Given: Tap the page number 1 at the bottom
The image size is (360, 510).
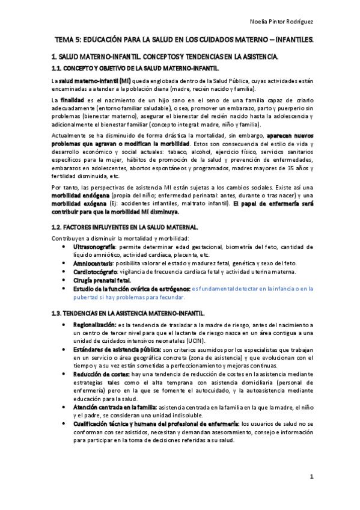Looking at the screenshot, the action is coord(313,476).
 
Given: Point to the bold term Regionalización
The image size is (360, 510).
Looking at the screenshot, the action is coord(94,325).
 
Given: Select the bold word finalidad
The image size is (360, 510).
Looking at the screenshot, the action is coord(72,99).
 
